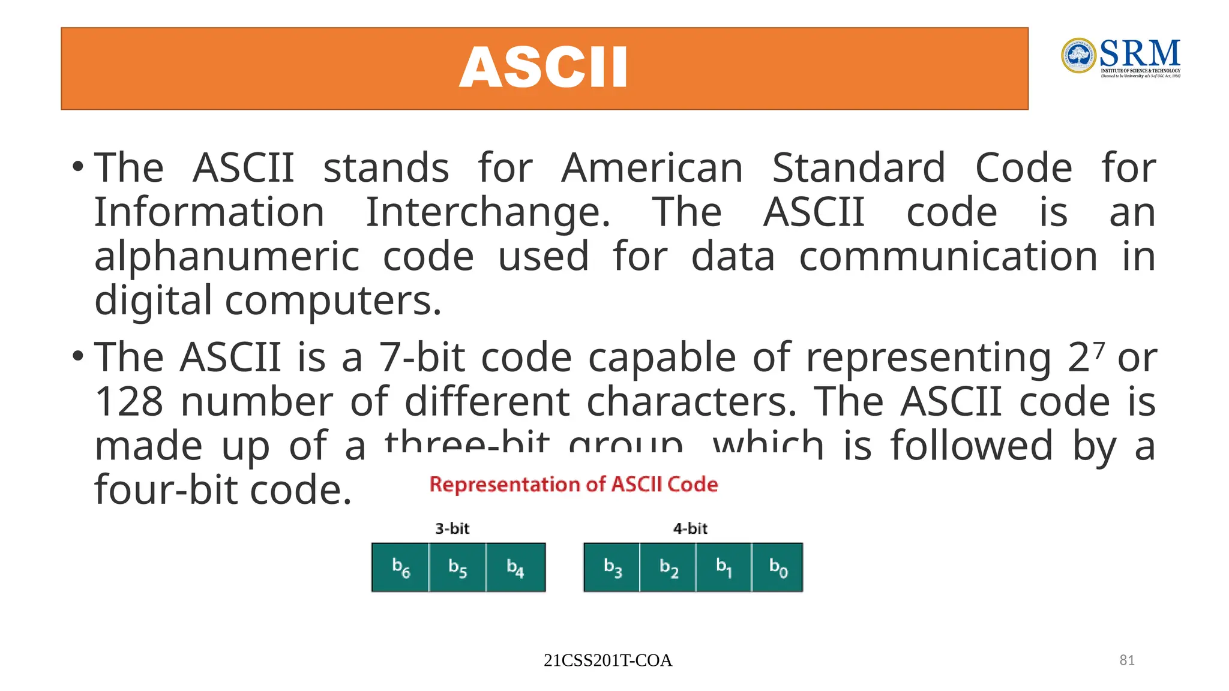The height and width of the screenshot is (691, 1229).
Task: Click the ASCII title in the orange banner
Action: (x=543, y=68)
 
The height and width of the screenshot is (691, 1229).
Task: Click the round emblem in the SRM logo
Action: (x=1078, y=56)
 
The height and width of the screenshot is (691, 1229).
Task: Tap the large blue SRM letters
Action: (x=1140, y=54)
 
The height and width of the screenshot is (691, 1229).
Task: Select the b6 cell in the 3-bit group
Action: (x=400, y=567)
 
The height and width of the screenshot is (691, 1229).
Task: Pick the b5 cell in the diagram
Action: (x=457, y=567)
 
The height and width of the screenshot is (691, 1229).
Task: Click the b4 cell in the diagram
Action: (x=515, y=567)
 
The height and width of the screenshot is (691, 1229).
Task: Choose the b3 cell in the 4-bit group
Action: (x=612, y=567)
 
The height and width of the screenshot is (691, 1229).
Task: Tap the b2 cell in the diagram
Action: (x=668, y=567)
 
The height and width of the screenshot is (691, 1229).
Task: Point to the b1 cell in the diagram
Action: (x=724, y=567)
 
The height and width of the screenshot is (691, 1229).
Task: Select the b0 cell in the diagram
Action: (x=778, y=567)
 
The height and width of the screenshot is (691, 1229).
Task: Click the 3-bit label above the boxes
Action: (x=452, y=528)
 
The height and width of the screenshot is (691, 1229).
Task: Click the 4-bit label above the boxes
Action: (x=690, y=528)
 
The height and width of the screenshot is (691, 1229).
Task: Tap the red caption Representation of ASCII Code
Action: (x=573, y=484)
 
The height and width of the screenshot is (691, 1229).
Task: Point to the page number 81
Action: (x=1127, y=660)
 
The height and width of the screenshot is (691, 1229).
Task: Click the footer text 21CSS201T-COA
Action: (x=607, y=660)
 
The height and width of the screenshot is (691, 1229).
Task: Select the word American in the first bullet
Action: (x=652, y=168)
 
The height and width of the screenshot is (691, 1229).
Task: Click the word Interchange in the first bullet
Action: (x=487, y=213)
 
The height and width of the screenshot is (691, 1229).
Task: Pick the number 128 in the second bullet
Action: (x=129, y=402)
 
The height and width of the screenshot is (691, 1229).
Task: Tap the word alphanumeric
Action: (x=227, y=257)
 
